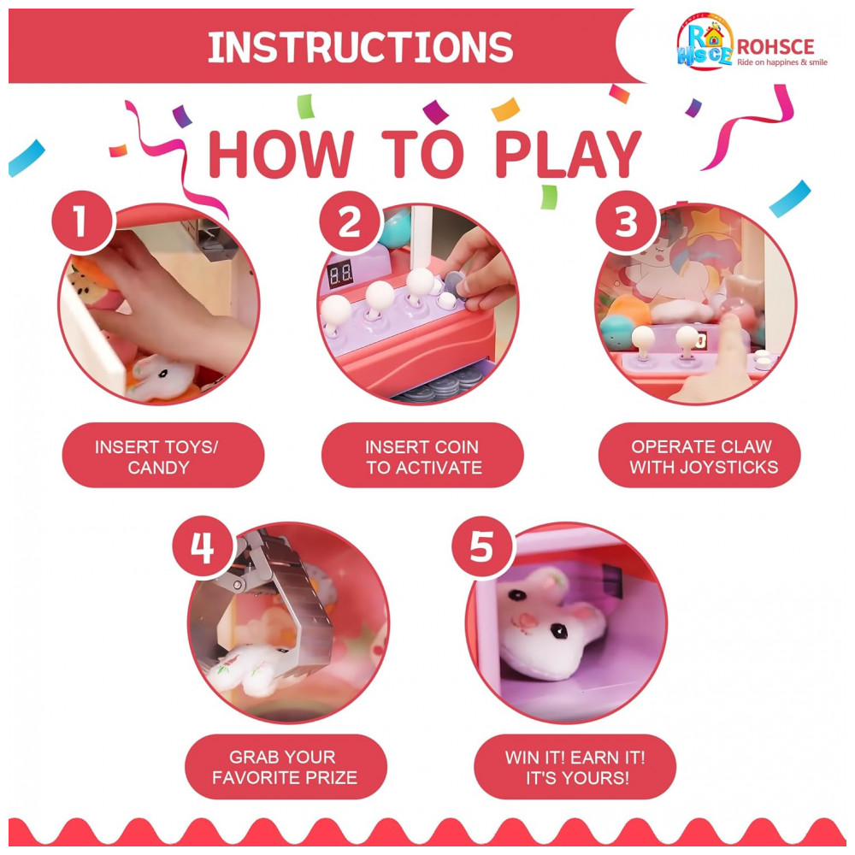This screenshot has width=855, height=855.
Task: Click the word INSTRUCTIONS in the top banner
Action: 361,47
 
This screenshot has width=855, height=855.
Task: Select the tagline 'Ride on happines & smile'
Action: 782,62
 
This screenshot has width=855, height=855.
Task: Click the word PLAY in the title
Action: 568,155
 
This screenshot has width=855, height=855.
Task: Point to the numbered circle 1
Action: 82,222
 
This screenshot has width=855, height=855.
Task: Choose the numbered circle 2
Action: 350,222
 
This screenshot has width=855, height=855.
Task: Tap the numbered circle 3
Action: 626,222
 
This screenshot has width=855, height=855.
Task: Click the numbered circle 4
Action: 203,547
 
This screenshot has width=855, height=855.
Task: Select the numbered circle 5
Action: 482,547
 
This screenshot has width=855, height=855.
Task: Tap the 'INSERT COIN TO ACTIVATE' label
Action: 422,456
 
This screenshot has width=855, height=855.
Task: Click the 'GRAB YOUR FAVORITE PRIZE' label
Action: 286,767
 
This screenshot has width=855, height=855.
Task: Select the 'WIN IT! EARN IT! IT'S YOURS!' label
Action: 575,767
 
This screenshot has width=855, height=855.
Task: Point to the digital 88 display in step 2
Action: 339,274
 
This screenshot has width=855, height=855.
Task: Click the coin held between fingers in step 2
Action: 454,285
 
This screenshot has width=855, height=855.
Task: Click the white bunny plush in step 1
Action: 160,376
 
